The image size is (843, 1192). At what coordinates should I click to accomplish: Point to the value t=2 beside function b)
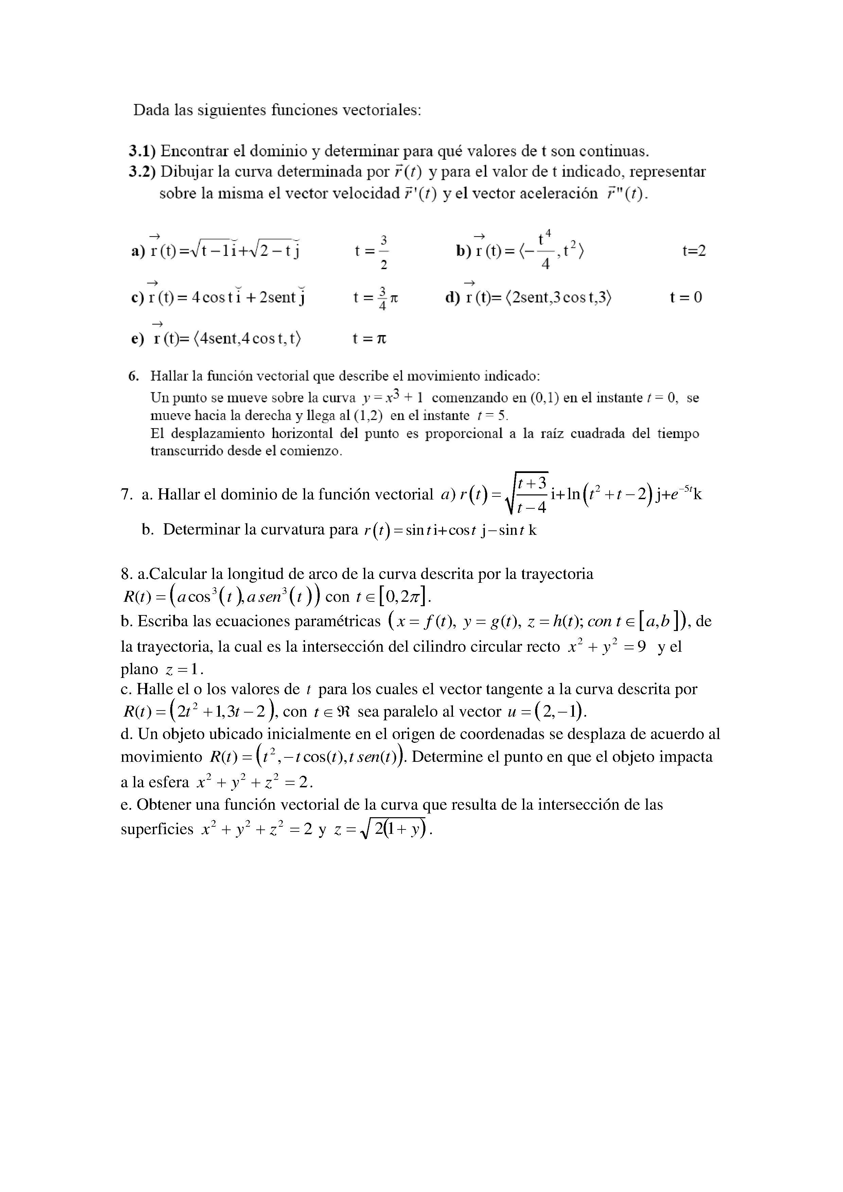point(694,251)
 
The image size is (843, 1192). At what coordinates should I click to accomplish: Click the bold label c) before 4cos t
point(138,298)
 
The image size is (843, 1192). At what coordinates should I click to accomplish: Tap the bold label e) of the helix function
point(138,339)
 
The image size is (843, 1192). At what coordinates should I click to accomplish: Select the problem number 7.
point(127,494)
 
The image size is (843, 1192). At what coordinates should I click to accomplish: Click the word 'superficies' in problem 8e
point(157,829)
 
